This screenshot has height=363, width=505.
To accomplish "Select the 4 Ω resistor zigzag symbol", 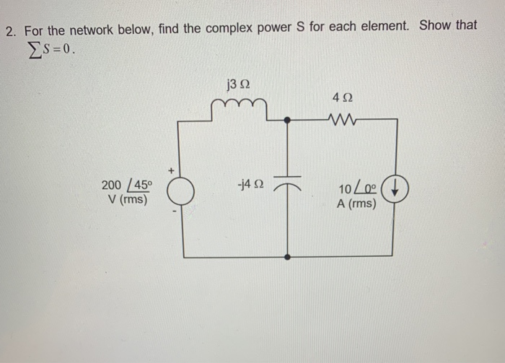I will [341, 118].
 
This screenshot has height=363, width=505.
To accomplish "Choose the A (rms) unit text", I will [356, 204].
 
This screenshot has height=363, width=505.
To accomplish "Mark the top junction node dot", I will [288, 120].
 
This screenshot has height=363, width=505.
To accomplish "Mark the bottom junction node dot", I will [288, 256].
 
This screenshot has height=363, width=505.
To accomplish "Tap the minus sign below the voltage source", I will [173, 211].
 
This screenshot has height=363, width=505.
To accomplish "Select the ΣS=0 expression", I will [49, 51].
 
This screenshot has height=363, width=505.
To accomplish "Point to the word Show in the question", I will [435, 25].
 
